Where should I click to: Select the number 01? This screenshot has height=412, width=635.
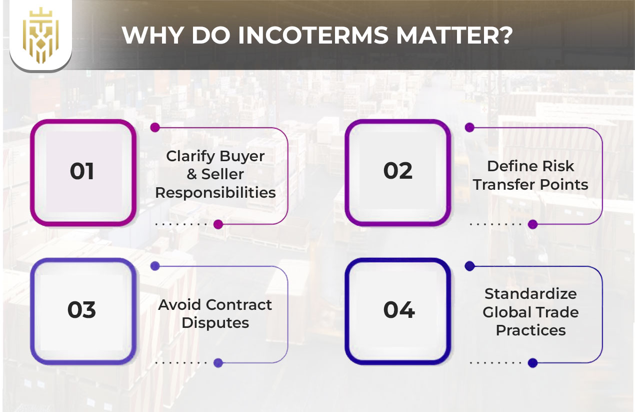pos(82,172)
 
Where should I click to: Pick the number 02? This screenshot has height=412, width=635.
pos(398,172)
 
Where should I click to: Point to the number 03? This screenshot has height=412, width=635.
pos(82,310)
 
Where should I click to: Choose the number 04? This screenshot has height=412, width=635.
pos(398,310)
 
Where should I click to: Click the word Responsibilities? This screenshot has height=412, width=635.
pos(215,193)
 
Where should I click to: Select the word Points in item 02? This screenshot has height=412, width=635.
pos(567,184)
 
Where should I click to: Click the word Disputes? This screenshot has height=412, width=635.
pos(215,323)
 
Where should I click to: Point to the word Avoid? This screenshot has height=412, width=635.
pos(180,304)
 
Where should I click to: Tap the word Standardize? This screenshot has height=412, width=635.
pos(530,293)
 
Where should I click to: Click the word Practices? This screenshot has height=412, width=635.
pos(530,330)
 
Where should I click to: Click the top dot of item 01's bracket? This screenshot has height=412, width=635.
pos(155,128)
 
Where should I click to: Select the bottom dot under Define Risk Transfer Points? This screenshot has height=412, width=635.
pos(532,224)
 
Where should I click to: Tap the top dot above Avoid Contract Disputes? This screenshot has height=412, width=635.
pos(155,266)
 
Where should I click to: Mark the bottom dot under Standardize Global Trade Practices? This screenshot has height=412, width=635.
pos(532,363)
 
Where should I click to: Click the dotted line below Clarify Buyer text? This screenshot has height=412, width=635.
pos(180,224)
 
